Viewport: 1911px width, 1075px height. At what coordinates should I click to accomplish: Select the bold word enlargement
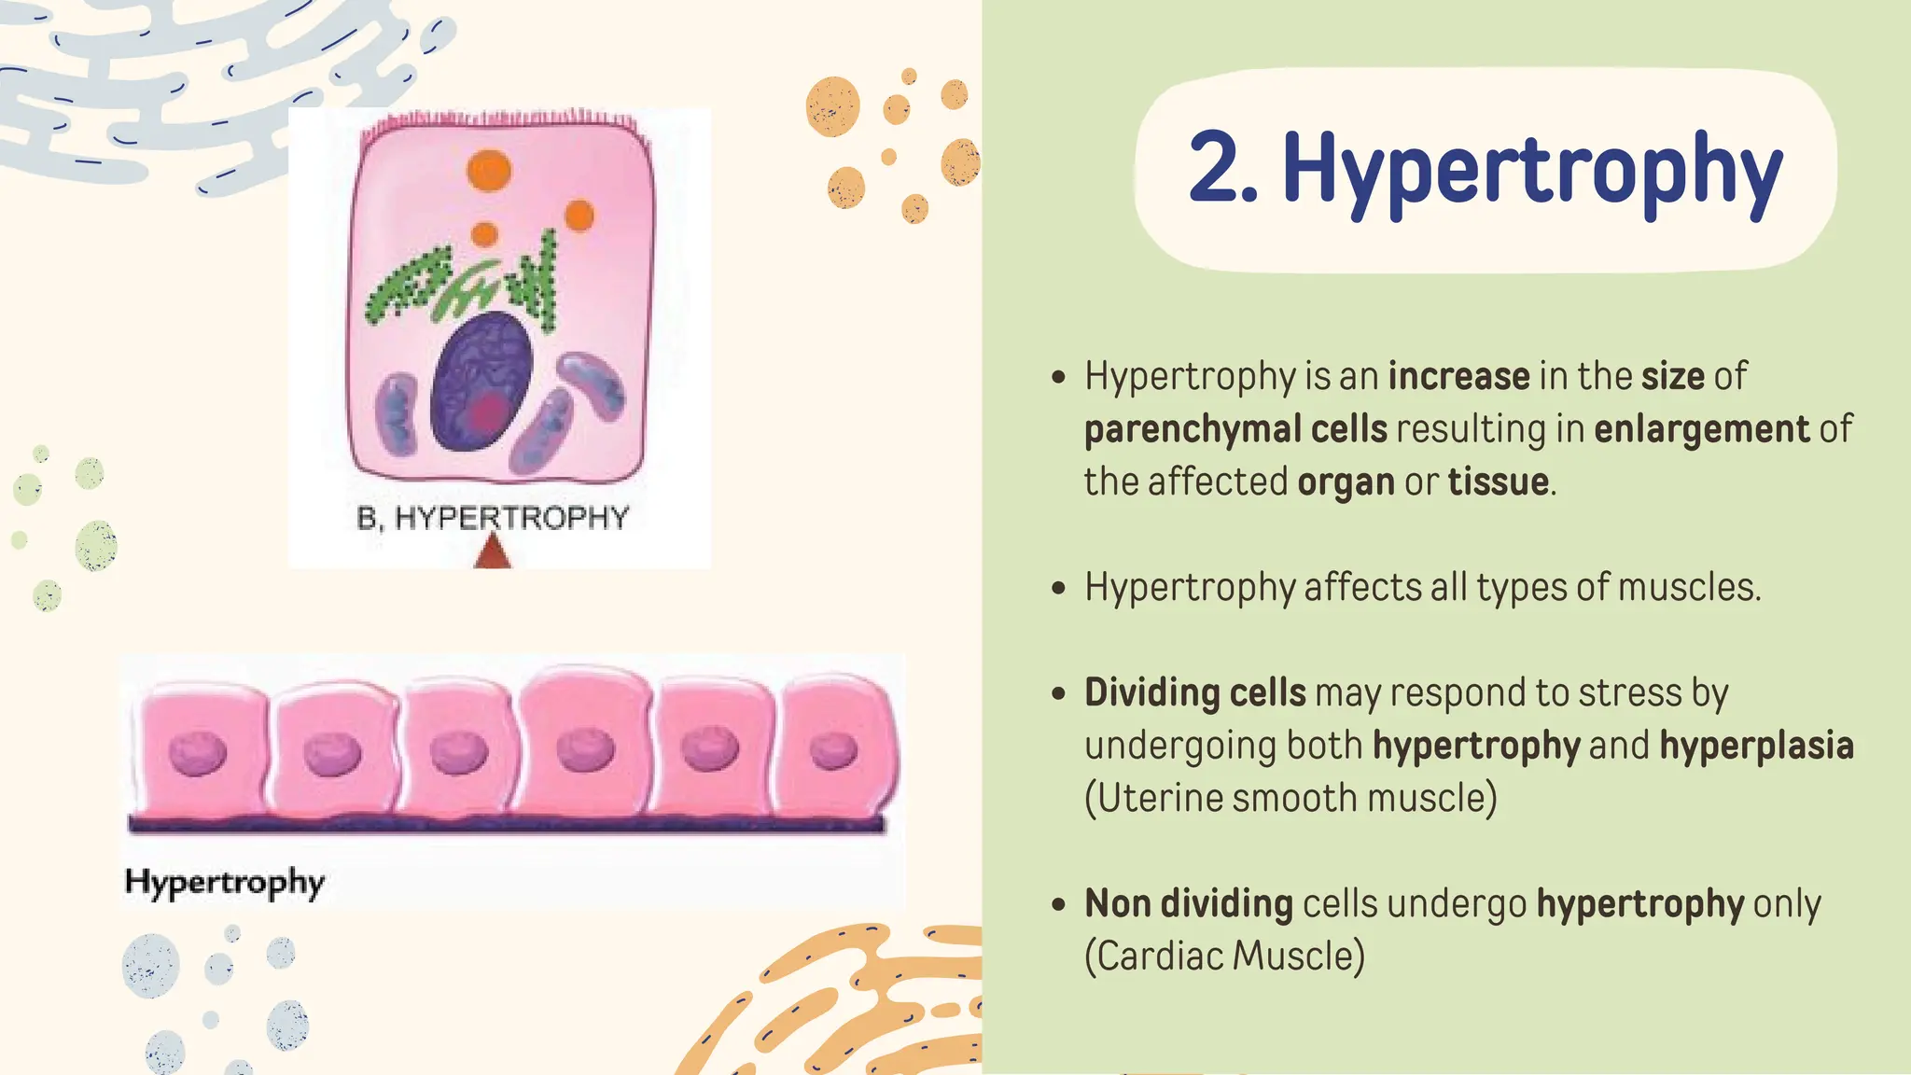click(1701, 429)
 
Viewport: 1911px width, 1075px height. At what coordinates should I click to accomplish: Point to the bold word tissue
click(1498, 482)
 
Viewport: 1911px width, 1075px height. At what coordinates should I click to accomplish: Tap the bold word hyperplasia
click(1756, 746)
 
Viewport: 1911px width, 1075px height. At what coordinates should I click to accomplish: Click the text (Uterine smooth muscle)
click(1290, 799)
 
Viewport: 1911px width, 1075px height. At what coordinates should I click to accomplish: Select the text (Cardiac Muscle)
click(1224, 956)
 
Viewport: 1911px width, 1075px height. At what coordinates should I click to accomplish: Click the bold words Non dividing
click(1188, 904)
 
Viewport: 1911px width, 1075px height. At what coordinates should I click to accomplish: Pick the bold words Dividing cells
click(1194, 693)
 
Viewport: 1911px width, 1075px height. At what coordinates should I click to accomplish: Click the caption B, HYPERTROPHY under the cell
click(493, 518)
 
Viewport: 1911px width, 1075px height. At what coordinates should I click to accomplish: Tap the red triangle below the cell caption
click(492, 553)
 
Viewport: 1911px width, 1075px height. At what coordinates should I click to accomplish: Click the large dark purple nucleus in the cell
click(482, 382)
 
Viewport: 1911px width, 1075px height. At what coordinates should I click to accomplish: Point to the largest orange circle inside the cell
click(489, 171)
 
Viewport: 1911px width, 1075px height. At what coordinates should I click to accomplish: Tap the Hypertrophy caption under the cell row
click(224, 882)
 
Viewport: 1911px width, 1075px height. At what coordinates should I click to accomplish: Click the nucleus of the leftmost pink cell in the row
click(198, 754)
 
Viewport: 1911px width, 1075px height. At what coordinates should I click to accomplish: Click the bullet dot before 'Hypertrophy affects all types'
click(1057, 589)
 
